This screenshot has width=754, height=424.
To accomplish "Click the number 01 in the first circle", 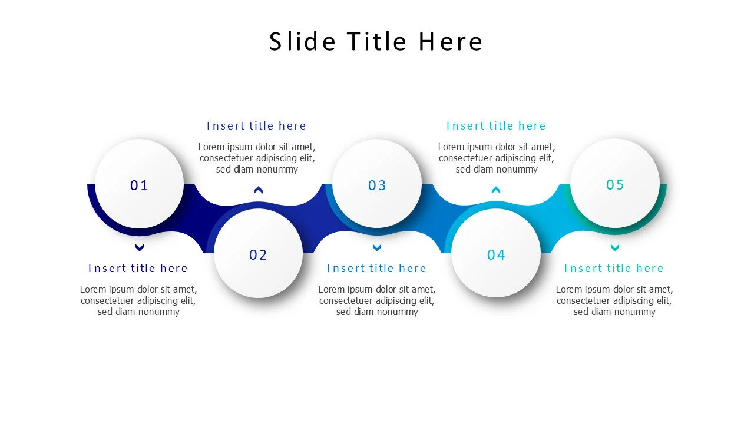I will [139, 185].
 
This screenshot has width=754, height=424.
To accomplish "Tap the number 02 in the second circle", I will [258, 255].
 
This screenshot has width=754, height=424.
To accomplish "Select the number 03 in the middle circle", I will [377, 185].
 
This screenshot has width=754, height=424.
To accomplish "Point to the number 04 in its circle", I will [496, 255].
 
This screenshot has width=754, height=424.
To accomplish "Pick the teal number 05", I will [615, 185].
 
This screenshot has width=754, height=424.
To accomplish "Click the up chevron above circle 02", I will [258, 190].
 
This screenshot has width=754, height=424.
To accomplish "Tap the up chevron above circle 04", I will [496, 190].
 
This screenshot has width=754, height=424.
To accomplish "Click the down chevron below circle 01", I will [140, 248].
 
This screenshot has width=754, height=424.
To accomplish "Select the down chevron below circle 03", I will [377, 248].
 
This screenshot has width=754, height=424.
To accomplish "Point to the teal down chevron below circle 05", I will [615, 248].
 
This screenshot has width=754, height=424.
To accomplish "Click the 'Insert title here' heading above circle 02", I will [256, 126].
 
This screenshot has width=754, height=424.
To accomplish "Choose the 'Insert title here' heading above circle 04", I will [496, 126].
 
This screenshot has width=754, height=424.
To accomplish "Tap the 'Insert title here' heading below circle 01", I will [138, 269].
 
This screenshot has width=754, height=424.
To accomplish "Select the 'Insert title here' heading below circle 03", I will [376, 269].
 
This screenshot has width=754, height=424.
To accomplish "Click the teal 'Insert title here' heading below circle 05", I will [614, 269].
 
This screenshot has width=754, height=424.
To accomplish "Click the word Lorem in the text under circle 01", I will [92, 289].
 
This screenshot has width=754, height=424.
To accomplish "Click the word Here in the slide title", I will [451, 42].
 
